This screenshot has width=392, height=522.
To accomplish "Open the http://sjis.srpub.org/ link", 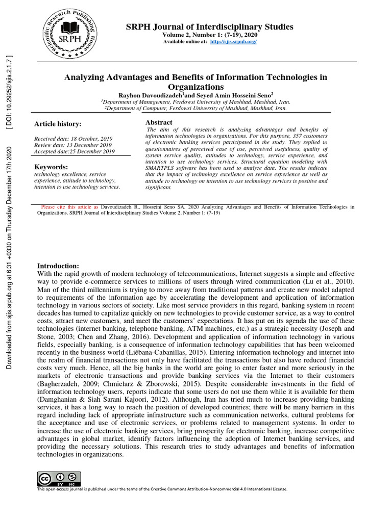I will pyautogui.click(x=233, y=41).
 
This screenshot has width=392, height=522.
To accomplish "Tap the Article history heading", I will pyautogui.click(x=58, y=124).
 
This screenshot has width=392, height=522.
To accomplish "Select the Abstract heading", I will pyautogui.click(x=159, y=122).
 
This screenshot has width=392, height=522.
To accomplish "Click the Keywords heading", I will pyautogui.click(x=51, y=167).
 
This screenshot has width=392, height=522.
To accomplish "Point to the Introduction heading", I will pyautogui.click(x=58, y=266).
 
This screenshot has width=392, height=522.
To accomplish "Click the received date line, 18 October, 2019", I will pyautogui.click(x=73, y=139).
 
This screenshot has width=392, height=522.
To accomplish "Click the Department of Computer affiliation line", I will pyautogui.click(x=195, y=108).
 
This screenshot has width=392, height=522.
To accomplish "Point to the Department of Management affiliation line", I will pyautogui.click(x=195, y=101).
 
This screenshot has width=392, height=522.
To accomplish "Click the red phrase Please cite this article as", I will pyautogui.click(x=69, y=207).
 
